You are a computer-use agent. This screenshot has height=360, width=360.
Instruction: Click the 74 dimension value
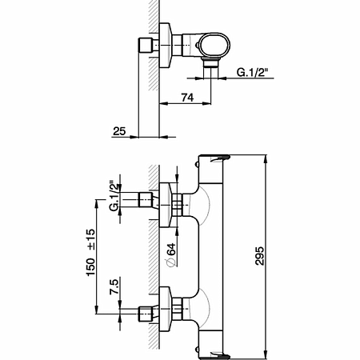[x=187, y=98]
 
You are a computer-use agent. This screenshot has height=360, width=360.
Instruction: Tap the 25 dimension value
[x=119, y=131]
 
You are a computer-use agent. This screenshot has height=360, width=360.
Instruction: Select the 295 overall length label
[x=259, y=256]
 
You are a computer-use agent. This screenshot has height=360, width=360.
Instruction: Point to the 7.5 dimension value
[x=114, y=286]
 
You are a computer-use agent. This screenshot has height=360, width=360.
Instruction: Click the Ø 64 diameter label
[x=171, y=254]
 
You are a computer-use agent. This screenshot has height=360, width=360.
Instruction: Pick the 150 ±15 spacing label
[x=90, y=252]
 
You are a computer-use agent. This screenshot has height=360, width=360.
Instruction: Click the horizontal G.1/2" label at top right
[x=252, y=72]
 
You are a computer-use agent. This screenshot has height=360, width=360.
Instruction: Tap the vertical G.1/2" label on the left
[x=114, y=196]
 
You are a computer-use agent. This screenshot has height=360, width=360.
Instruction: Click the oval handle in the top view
[x=214, y=45]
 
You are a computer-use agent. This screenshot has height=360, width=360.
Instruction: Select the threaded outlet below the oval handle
[x=211, y=62]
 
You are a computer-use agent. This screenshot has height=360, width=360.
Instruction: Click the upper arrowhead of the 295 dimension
[x=266, y=159]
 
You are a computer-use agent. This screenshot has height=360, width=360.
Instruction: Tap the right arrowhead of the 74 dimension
[x=206, y=103]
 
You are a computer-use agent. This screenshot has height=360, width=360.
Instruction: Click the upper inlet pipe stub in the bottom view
[x=146, y=200]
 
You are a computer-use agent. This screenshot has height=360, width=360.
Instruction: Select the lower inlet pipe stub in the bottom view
[x=146, y=314]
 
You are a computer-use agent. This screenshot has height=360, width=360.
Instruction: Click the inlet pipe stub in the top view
[x=146, y=45]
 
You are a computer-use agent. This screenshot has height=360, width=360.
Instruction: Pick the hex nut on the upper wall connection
[x=177, y=205]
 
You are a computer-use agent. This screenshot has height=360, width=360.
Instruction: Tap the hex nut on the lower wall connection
[x=177, y=309]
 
